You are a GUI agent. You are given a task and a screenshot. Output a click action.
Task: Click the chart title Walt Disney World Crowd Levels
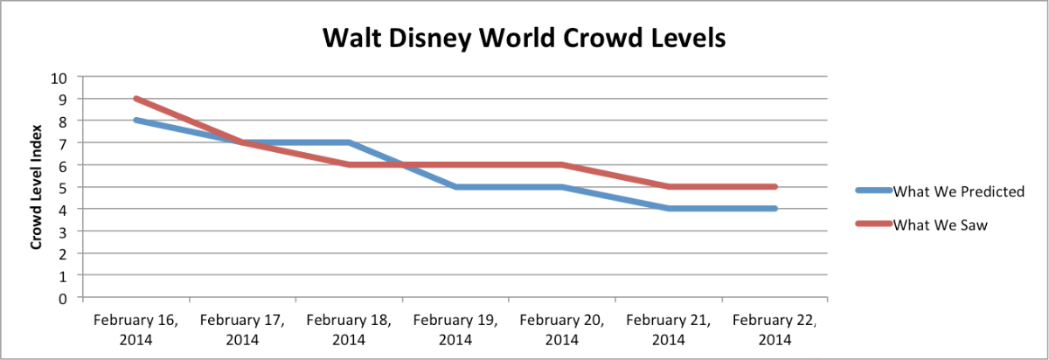(x=524, y=39)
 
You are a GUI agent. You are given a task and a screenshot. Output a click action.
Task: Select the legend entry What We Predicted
(x=958, y=192)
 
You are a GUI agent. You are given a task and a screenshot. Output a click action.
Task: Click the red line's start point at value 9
(x=135, y=99)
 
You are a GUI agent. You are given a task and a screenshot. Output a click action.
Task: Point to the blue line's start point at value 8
(x=135, y=121)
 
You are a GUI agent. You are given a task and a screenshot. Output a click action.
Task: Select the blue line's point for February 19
(x=455, y=187)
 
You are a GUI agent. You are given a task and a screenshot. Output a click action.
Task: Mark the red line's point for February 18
(x=349, y=164)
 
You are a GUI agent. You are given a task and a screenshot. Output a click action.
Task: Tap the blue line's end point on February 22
(x=775, y=209)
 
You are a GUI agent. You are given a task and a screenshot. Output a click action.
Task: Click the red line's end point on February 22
(x=775, y=187)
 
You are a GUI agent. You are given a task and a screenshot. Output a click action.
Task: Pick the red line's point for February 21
(x=668, y=187)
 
